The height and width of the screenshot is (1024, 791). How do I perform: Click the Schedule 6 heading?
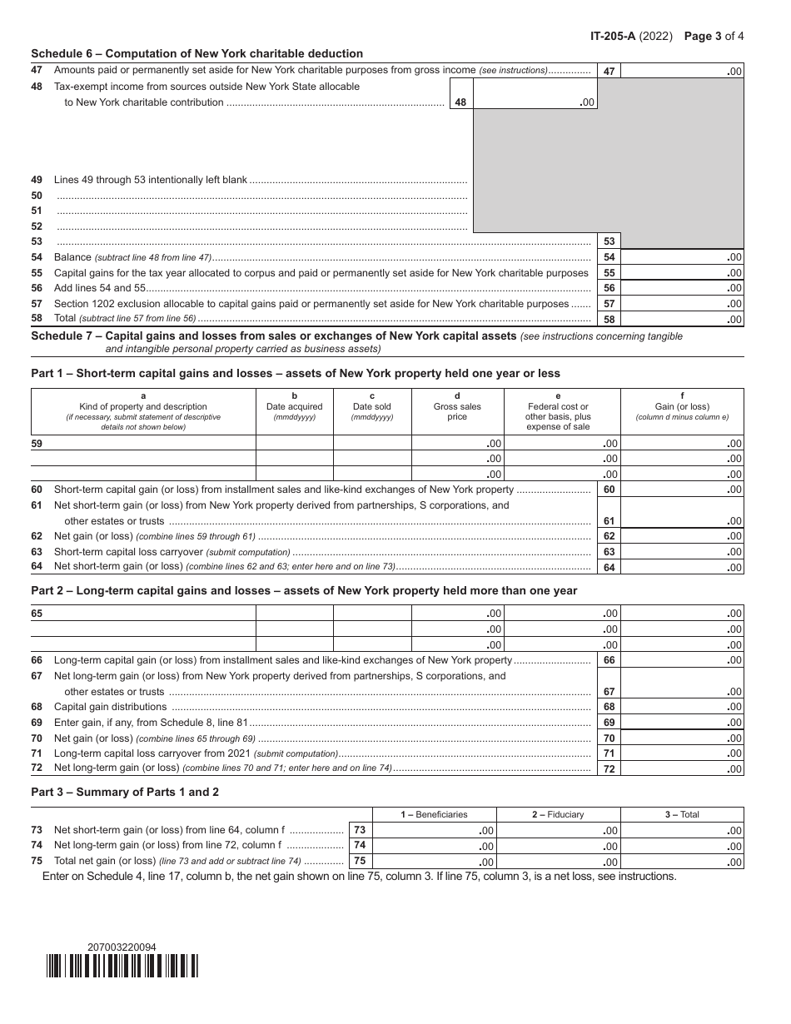197,54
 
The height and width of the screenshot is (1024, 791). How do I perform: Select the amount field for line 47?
682,72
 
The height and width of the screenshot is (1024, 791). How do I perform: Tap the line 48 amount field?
535,102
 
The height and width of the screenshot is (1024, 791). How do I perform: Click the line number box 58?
609,320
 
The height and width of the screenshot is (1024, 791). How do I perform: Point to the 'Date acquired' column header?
294,407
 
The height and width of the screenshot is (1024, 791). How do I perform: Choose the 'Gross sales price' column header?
457,407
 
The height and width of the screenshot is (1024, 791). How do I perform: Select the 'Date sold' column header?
371,407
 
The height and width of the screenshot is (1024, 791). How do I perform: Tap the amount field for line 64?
682,568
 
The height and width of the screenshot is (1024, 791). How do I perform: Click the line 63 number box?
609,552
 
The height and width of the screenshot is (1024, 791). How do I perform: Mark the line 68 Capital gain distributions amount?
682,707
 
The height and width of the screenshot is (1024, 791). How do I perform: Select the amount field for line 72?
682,768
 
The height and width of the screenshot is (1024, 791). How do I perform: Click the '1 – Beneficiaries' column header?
434,814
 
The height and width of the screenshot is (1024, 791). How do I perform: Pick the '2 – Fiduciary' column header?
558,814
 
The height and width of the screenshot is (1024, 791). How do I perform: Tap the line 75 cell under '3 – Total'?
682,862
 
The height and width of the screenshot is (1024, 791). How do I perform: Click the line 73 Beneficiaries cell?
434,830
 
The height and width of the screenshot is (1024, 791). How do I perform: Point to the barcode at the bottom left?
122,966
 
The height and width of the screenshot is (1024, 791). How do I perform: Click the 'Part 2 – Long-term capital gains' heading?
304,591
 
